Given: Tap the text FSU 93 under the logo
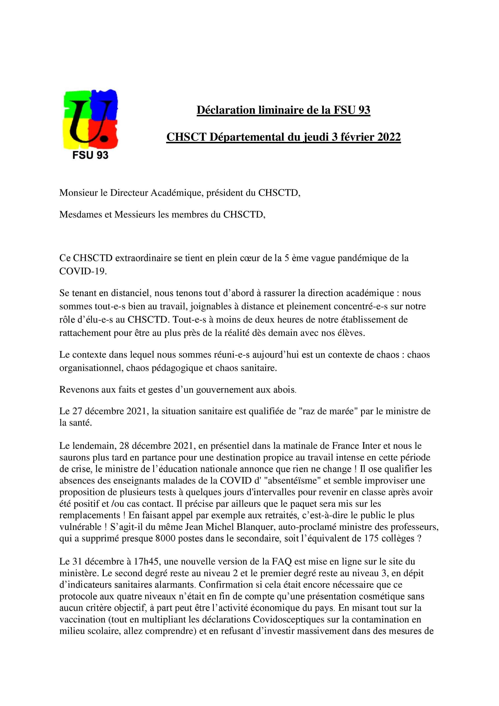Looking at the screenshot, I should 90,155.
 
